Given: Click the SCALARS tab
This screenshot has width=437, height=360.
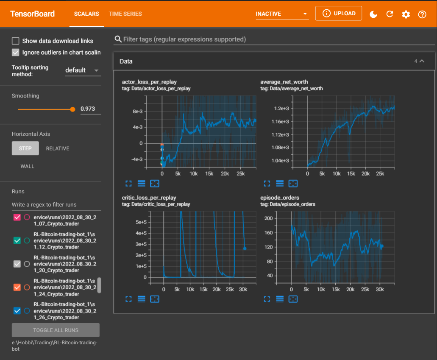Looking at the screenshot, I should pos(86,14).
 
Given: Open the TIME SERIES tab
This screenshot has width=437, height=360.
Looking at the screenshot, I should pos(125,14).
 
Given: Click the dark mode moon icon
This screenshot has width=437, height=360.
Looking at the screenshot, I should pos(373,14).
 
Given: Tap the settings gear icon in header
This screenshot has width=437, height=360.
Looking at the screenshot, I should pos(406,14).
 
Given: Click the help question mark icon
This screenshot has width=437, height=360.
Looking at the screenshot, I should pos(422,14).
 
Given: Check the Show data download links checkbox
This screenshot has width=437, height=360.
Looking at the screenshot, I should pos(16,41).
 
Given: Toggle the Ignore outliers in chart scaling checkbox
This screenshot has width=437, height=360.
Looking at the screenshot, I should pos(16,53).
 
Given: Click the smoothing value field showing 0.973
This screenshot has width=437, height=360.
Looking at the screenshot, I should pos(90,109).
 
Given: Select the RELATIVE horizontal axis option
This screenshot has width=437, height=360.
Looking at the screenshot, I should pos(58,148).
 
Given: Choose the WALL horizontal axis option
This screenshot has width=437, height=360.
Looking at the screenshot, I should pos(28,166).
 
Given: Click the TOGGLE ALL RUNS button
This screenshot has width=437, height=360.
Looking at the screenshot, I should pos(56,330).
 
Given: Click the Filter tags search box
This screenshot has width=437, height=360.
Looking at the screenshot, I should pos(276,39).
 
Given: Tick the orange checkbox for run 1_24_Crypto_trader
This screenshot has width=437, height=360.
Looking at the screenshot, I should pos(17,287).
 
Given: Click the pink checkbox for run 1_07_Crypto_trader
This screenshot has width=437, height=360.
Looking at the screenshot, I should pos(17,217).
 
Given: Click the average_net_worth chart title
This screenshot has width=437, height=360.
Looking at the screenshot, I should pos(284,82).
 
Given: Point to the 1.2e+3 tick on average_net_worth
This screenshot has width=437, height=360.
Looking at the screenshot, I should pos(281,109).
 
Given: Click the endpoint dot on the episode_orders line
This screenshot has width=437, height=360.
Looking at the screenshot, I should pos(381,246).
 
